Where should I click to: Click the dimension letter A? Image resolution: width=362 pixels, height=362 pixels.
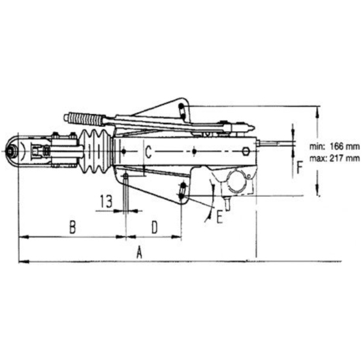point(139,253)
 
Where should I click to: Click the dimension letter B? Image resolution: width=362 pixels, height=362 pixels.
point(72,227)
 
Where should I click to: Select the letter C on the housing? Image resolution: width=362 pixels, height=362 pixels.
point(148,151)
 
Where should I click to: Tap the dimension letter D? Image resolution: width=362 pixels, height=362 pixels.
point(154,227)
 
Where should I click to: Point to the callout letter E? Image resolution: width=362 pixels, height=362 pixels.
point(220,217)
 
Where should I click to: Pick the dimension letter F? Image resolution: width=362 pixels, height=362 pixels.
point(299,168)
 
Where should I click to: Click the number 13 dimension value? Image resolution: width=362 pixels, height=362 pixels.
point(106,202)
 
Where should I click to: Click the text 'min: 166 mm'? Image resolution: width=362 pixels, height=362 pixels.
point(334,147)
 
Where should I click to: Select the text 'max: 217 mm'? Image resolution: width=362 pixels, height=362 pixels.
point(334,158)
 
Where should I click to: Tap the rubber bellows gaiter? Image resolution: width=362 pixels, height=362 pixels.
point(96,151)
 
